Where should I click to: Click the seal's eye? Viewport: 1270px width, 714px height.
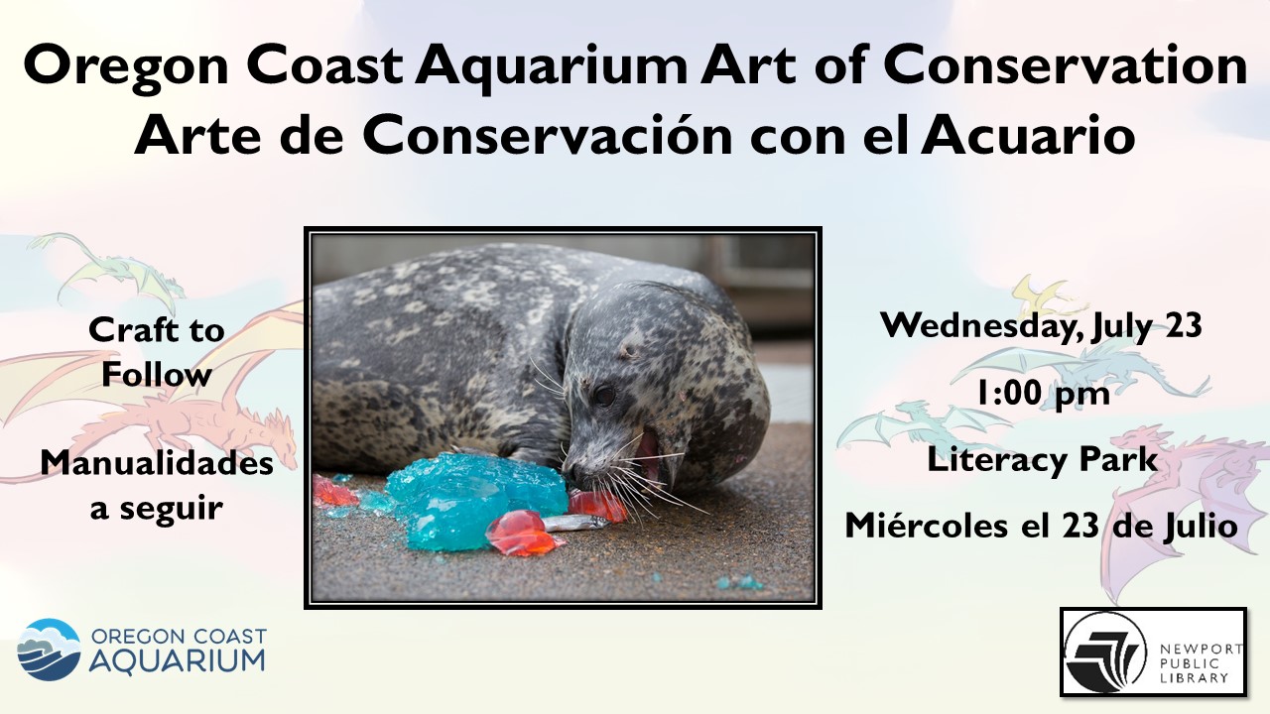coord(604,395)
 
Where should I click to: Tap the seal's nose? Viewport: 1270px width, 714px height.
coord(573,470)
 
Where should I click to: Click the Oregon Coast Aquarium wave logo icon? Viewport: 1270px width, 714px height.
coord(49,650)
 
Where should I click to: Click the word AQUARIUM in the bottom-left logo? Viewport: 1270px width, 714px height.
coord(177,661)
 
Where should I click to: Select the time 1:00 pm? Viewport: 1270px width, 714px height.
coord(1043,393)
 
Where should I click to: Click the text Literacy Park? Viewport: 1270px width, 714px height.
coord(1042,459)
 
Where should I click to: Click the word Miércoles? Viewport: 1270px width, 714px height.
coord(927,526)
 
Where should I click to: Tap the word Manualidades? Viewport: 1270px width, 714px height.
coord(157,463)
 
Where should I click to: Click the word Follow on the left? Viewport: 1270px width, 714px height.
coord(157,375)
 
